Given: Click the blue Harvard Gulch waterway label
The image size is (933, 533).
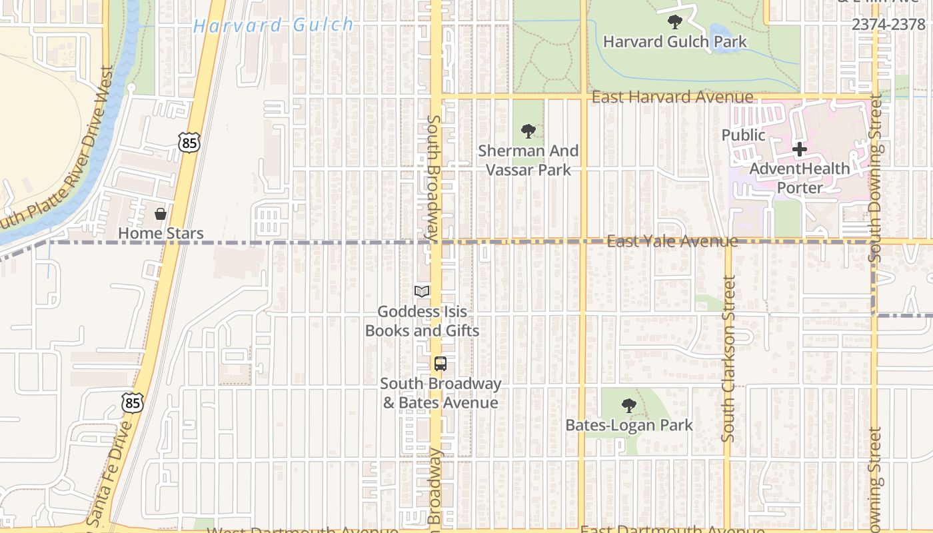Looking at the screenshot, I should pyautogui.click(x=273, y=26).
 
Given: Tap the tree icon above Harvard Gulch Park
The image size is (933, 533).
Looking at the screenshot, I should pyautogui.click(x=674, y=22).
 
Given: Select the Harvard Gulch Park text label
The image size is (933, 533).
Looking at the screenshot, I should pyautogui.click(x=674, y=41).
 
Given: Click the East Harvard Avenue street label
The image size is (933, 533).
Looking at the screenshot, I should pyautogui.click(x=672, y=97).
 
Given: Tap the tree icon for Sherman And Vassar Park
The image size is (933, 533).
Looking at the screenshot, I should pyautogui.click(x=528, y=131).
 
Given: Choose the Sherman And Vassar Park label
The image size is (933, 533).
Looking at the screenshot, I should pyautogui.click(x=528, y=161).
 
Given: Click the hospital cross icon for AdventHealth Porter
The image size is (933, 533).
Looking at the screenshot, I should pyautogui.click(x=800, y=149).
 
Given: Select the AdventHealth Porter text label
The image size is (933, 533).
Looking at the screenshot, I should pyautogui.click(x=800, y=178).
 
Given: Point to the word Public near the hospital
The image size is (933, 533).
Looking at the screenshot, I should pyautogui.click(x=744, y=135).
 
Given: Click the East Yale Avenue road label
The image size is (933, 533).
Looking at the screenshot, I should pyautogui.click(x=672, y=241).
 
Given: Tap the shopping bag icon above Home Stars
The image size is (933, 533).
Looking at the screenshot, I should pyautogui.click(x=160, y=214).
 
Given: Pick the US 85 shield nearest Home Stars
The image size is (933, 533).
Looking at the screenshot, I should pyautogui.click(x=189, y=141).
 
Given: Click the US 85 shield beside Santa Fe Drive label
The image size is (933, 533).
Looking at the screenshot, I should pyautogui.click(x=133, y=402).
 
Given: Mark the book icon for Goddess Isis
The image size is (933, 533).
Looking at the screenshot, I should pyautogui.click(x=422, y=291).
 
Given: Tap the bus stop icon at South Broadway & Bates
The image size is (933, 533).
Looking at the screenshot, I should pyautogui.click(x=440, y=364).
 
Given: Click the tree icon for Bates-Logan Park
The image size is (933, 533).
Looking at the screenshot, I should pyautogui.click(x=628, y=406).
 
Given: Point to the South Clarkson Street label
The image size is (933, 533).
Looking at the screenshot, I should pyautogui.click(x=728, y=360).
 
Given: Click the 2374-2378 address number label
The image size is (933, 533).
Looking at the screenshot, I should pyautogui.click(x=888, y=25).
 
